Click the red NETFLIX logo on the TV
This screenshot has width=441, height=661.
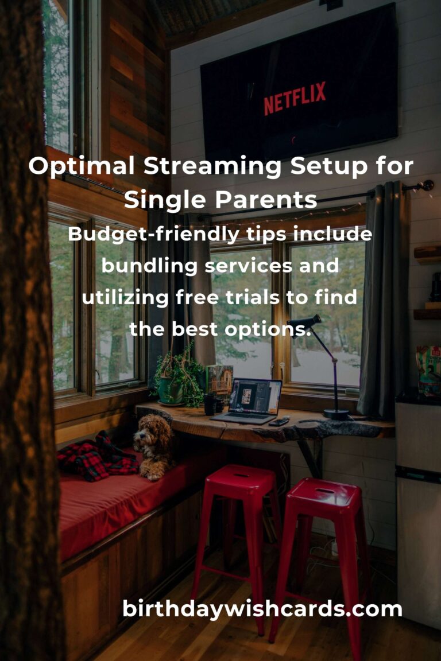pos(295,98)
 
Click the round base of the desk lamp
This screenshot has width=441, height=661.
pos(336,414)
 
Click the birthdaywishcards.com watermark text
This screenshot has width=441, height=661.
pos(262,609)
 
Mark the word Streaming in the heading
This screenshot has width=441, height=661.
pos(213,166)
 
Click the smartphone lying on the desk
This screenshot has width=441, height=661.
pos(280,422)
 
